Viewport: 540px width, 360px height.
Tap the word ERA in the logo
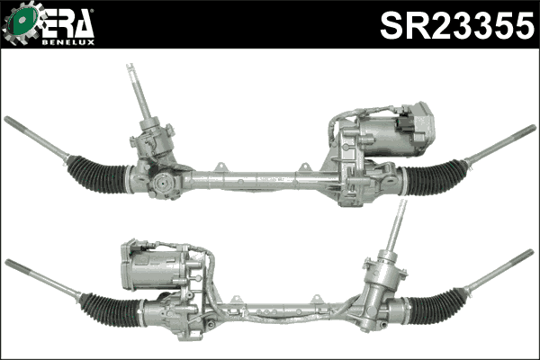[x=66, y=22]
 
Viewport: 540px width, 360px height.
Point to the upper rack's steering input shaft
[x=140, y=94]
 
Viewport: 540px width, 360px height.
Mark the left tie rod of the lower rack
[x=40, y=278]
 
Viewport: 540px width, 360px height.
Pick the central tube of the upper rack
[x=252, y=180]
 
